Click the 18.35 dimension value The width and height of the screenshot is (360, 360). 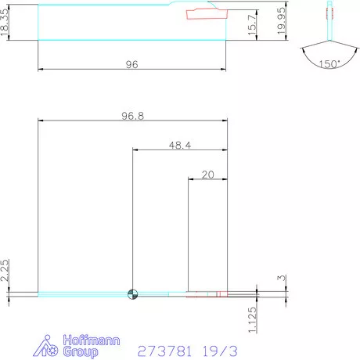pos(6,21)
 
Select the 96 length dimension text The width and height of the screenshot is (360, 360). pos(131,65)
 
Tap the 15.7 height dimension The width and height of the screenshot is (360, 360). pos(250,24)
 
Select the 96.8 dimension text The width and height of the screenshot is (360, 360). pos(133,114)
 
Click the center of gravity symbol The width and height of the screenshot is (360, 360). pos(133,294)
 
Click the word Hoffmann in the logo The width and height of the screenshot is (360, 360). pos(77,340)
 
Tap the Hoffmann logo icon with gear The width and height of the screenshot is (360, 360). pos(48,347)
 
